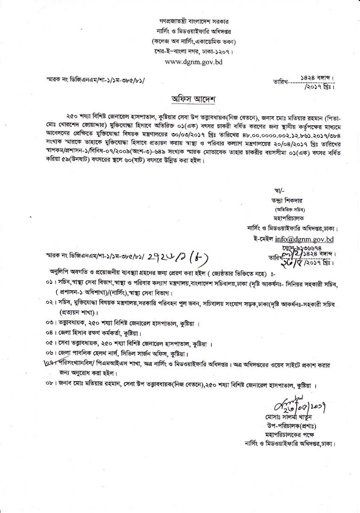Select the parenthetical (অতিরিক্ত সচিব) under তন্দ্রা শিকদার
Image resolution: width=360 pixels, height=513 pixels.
click(277, 209)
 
